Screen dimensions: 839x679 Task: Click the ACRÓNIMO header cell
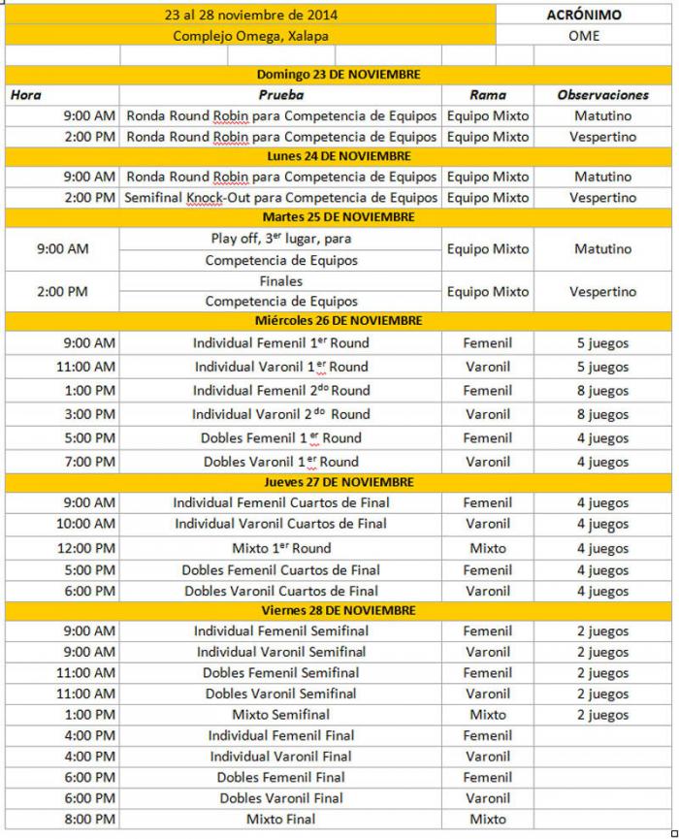584,16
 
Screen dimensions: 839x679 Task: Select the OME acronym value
584,36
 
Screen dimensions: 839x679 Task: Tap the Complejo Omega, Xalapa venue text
250,36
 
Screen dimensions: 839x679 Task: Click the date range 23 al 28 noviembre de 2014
250,16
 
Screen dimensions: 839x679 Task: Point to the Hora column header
25,95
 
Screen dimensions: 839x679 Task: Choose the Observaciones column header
602,95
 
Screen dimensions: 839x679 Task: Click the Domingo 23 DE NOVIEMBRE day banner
338,75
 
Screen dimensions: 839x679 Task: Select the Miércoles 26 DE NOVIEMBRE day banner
338,321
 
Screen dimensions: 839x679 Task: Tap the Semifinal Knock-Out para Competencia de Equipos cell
280,198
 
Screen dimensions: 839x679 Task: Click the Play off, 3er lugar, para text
280,239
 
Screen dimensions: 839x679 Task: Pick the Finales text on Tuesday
280,281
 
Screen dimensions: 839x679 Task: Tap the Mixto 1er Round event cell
280,548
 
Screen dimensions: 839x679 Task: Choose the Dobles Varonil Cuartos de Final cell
280,591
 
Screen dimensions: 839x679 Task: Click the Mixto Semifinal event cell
280,715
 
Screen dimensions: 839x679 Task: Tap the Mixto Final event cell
280,820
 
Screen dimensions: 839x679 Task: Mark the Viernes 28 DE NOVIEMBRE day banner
338,610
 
